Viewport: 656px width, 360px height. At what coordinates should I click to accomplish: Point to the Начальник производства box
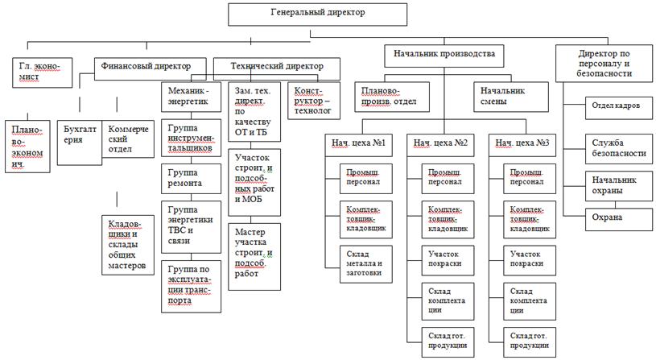[x=437, y=55]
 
